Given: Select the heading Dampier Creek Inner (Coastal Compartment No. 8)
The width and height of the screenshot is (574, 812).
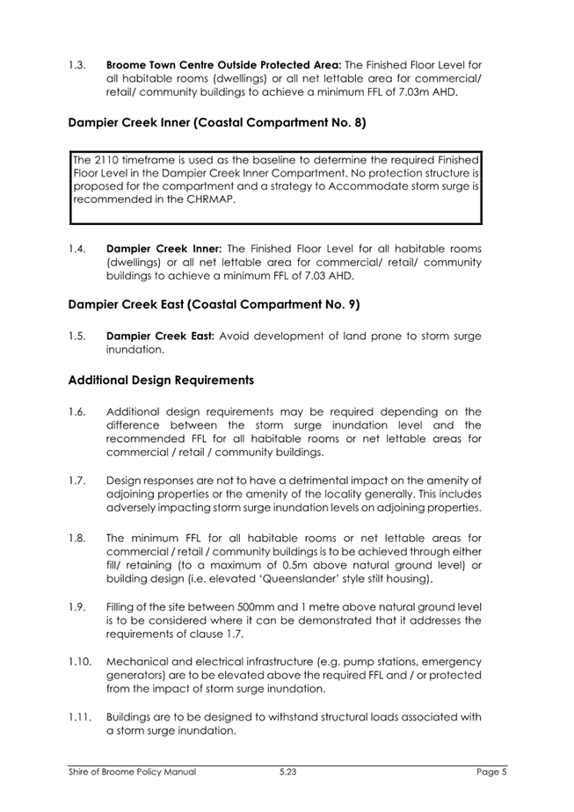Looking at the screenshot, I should pos(217,124).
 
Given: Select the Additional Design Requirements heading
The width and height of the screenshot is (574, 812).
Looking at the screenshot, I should pos(161,381).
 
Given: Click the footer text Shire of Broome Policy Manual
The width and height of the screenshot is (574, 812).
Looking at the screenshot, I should pos(132,772).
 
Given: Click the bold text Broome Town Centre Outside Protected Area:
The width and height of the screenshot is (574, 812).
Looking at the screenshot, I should pos(223,65).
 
